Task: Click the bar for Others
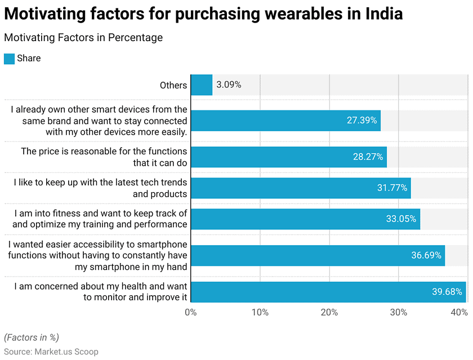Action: pyautogui.click(x=202, y=85)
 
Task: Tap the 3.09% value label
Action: pyautogui.click(x=229, y=85)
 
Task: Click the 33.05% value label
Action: pyautogui.click(x=401, y=219)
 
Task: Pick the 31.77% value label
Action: pyautogui.click(x=392, y=188)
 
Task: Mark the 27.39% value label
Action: pyautogui.click(x=362, y=120)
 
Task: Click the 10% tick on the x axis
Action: pyautogui.click(x=260, y=312)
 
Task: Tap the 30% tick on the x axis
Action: pyautogui.click(x=398, y=312)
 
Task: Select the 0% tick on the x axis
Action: pyautogui.click(x=191, y=312)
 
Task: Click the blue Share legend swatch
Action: pyautogui.click(x=9, y=59)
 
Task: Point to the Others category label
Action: pyautogui.click(x=173, y=85)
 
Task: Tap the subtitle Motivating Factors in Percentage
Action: pyautogui.click(x=83, y=38)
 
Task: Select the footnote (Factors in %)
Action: pyautogui.click(x=32, y=337)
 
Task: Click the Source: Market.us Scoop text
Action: pyautogui.click(x=51, y=352)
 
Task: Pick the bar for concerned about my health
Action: pyautogui.click(x=328, y=292)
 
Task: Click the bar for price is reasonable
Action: pyautogui.click(x=288, y=157)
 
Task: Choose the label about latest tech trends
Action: pyautogui.click(x=100, y=188)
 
